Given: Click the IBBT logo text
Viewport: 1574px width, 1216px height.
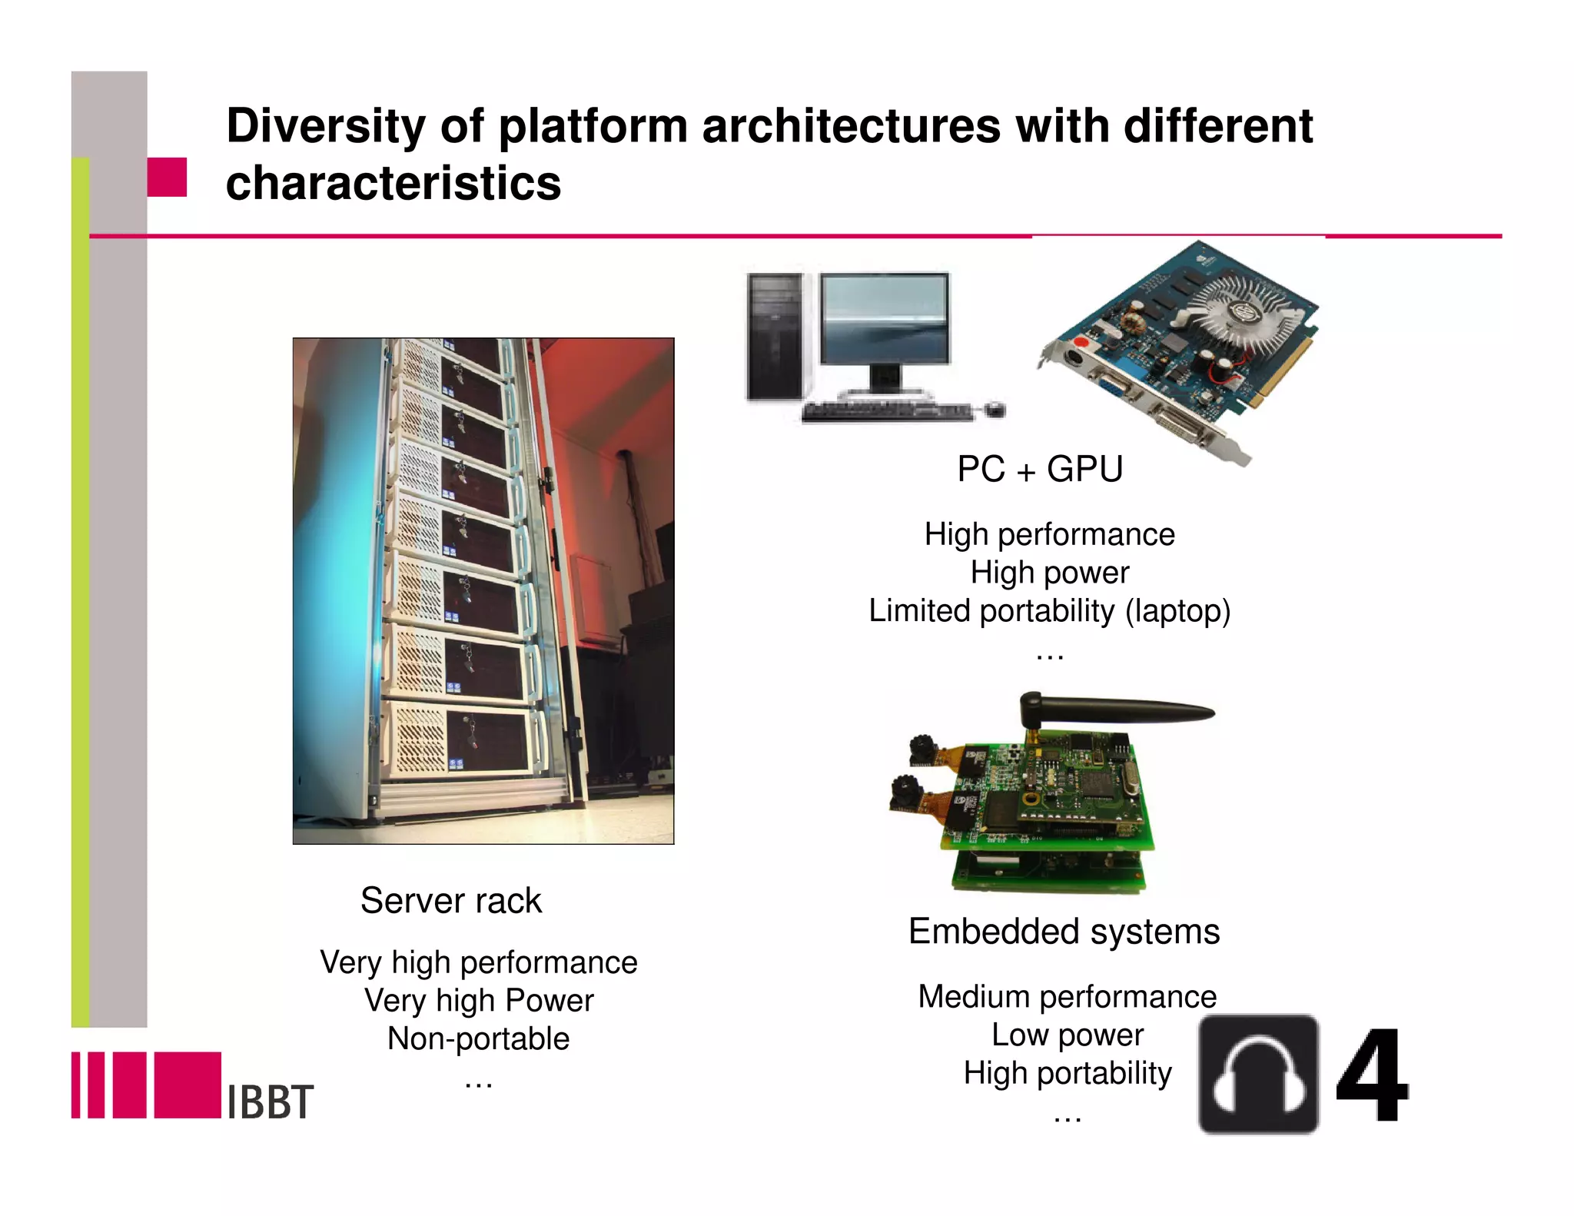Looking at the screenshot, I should [x=270, y=1101].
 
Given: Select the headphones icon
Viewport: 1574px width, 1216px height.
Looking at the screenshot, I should [x=1258, y=1074].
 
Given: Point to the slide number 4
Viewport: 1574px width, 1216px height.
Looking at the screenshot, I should [x=1372, y=1076].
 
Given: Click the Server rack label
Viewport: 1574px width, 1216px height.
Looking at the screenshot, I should [x=451, y=901].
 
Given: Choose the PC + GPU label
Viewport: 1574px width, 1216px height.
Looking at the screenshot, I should [x=1039, y=469].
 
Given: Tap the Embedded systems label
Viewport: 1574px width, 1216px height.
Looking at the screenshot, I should [x=1064, y=932].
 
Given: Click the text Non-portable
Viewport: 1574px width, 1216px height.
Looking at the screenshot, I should [x=478, y=1038].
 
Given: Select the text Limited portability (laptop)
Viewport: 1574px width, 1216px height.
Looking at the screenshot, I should [x=1049, y=611].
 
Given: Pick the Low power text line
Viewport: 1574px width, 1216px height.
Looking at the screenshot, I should [x=1067, y=1035].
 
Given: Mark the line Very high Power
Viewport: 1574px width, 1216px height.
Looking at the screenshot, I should [x=479, y=1001].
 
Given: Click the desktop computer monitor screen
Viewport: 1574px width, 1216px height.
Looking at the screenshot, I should [x=885, y=318].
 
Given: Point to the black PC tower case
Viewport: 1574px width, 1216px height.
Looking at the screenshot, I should [x=775, y=337].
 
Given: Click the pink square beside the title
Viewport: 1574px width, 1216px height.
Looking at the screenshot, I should [x=167, y=177].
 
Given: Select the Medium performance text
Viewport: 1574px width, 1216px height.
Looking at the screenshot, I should [x=1067, y=996].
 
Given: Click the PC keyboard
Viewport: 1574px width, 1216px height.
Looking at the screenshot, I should [x=884, y=411].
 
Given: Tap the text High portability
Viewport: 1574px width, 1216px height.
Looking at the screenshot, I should [x=1068, y=1073].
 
